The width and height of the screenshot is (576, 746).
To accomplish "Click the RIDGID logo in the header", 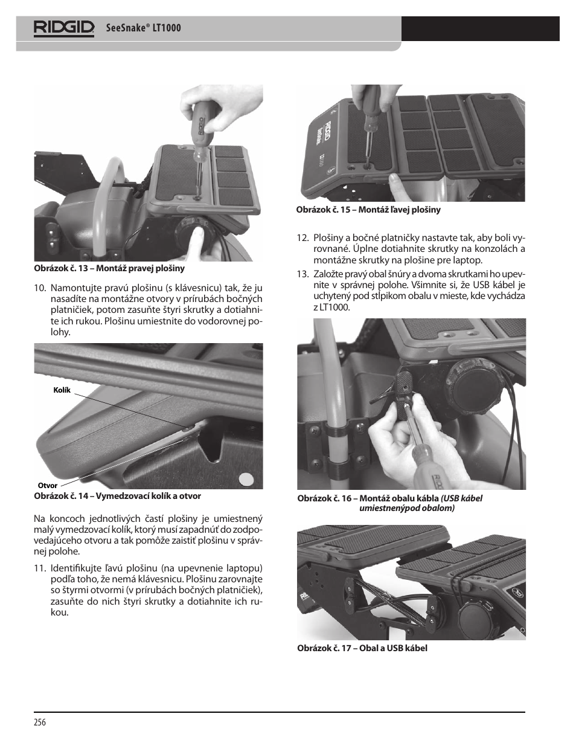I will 64,28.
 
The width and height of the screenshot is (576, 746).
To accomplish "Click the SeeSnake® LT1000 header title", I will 144,28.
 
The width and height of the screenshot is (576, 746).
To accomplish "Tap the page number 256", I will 40,722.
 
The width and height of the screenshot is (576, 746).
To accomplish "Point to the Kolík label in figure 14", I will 62,390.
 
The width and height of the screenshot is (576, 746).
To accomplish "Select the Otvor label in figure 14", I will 48,486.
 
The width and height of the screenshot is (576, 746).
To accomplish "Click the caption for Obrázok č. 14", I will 117,496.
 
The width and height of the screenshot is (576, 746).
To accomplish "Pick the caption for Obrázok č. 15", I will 368,210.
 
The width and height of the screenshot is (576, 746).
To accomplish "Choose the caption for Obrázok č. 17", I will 362,648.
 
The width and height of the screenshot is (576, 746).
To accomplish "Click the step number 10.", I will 40,288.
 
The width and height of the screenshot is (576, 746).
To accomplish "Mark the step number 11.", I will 40,568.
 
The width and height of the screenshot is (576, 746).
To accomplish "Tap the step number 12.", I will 302,237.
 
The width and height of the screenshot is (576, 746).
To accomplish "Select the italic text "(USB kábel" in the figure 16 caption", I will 461,498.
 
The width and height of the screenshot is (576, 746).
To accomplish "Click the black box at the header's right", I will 480,28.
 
